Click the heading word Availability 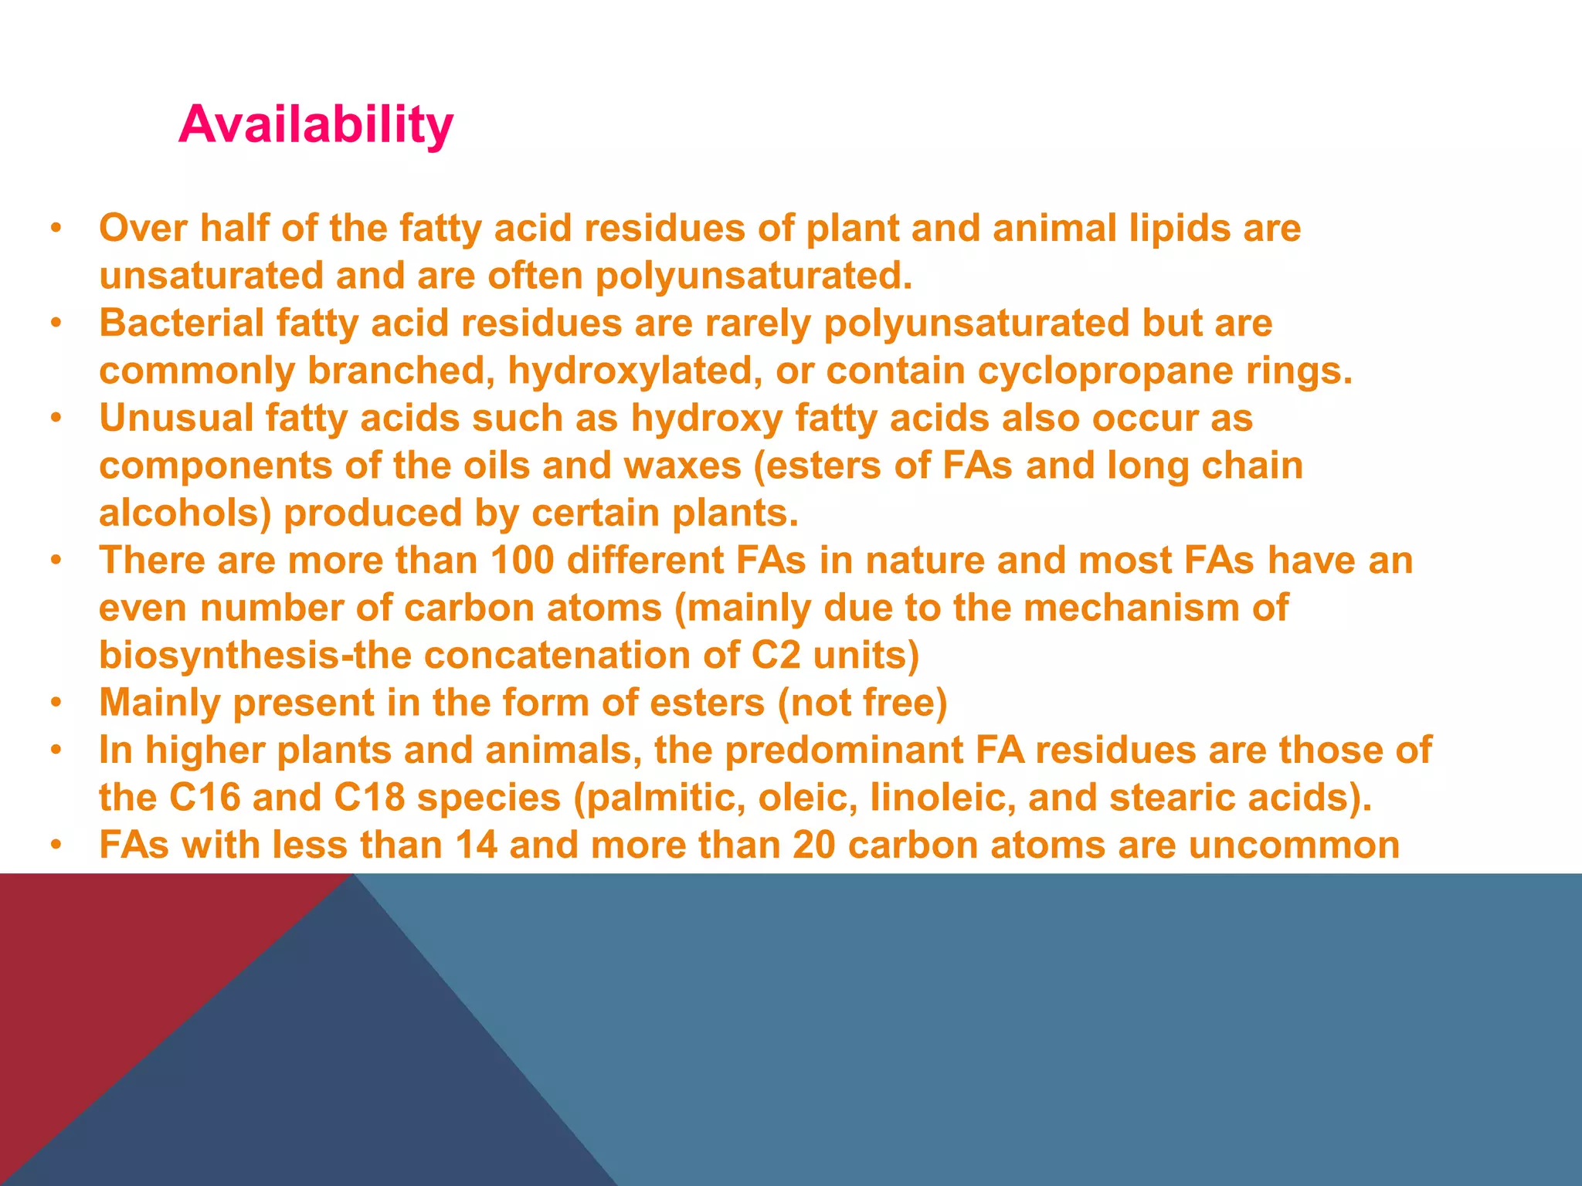tap(315, 125)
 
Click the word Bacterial tap(182, 323)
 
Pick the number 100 tap(521, 561)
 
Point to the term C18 tap(369, 798)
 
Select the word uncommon tap(1294, 845)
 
